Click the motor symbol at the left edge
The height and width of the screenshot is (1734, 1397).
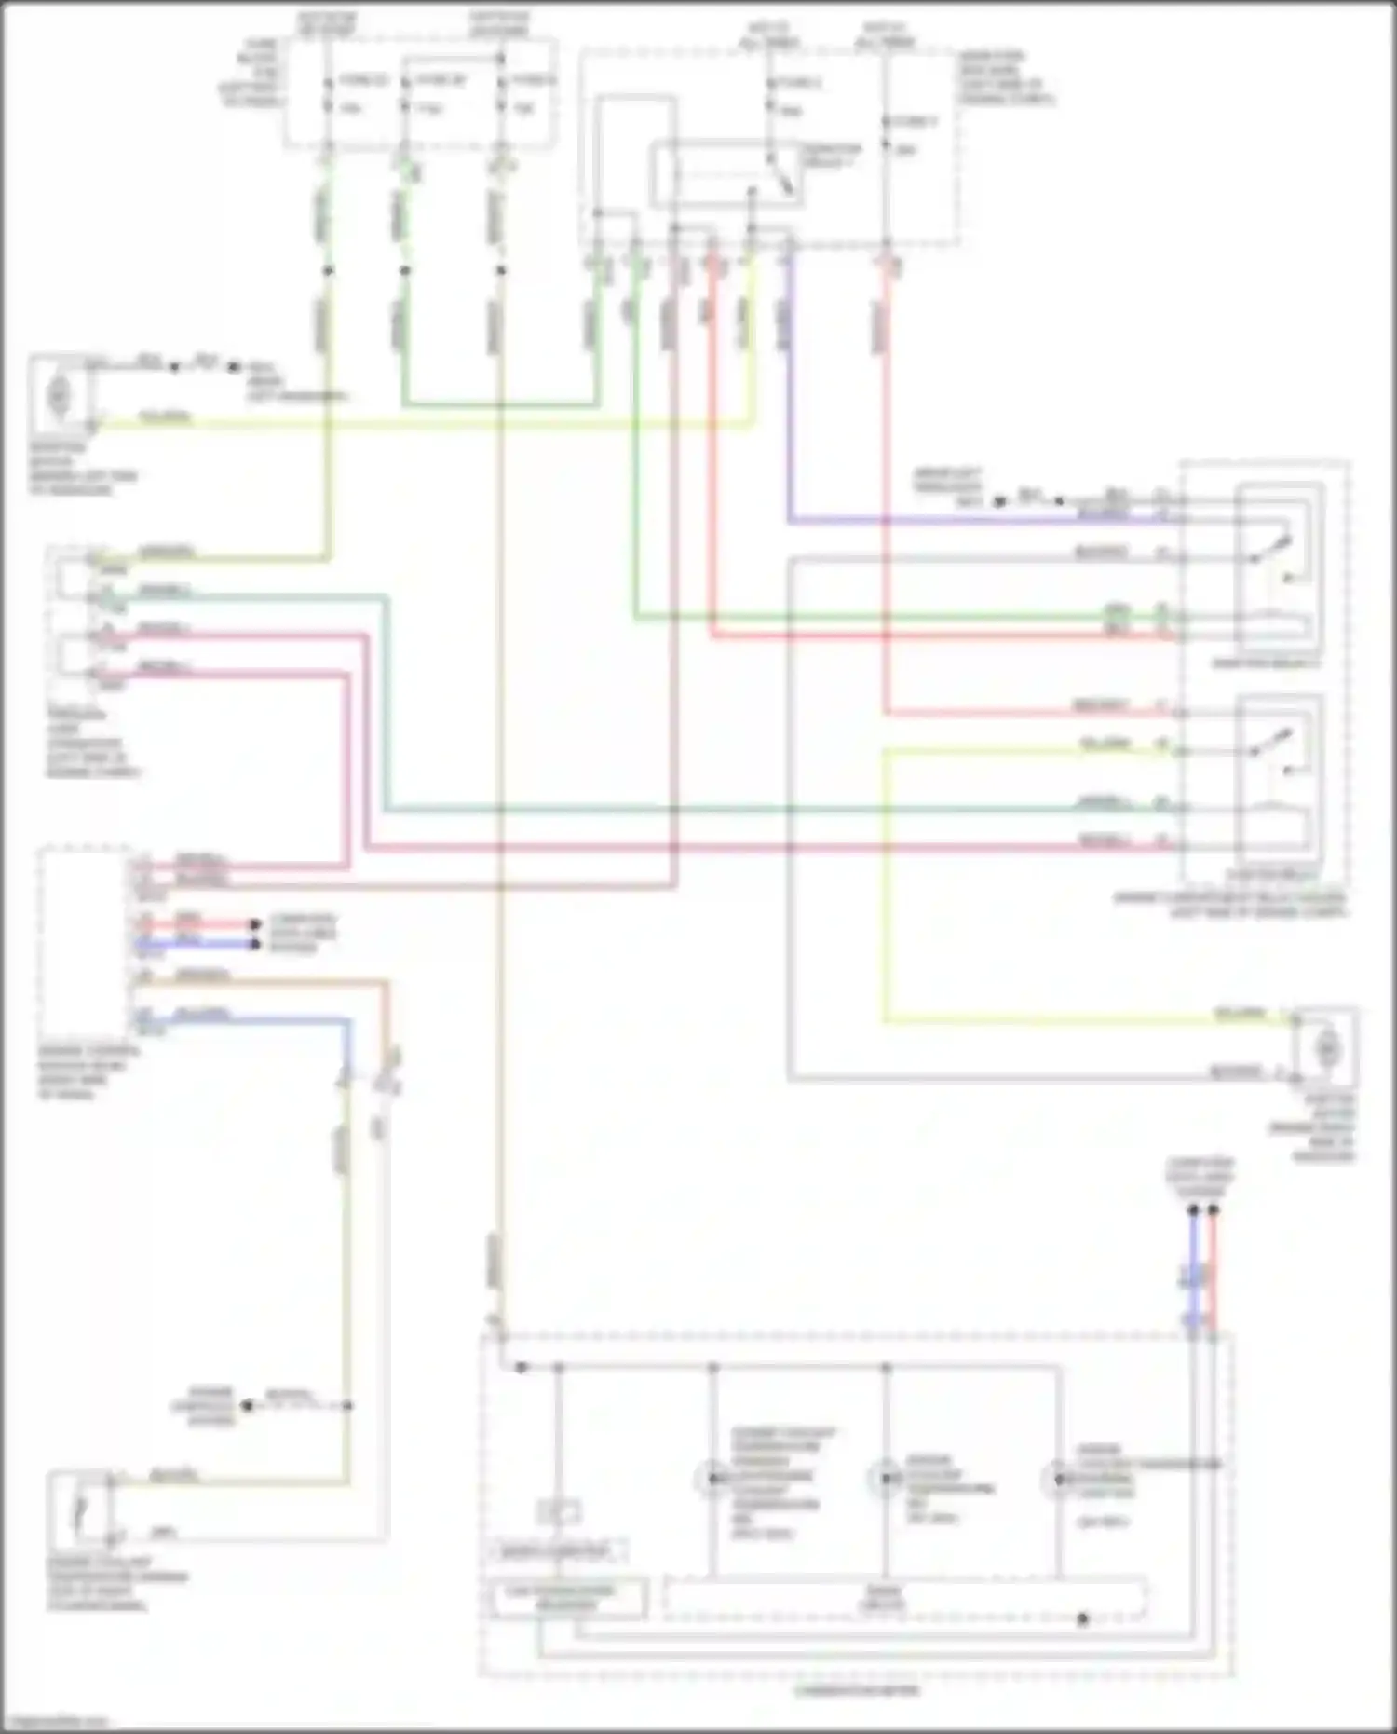(59, 395)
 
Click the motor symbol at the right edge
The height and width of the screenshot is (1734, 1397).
(1327, 1049)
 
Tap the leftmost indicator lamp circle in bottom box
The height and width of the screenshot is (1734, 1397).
(712, 1478)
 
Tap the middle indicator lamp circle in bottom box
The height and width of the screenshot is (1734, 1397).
(885, 1478)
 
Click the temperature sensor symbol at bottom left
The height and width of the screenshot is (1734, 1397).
(81, 1508)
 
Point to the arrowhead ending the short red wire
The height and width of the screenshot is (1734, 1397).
(253, 925)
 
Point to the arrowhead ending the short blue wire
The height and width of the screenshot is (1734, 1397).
(253, 944)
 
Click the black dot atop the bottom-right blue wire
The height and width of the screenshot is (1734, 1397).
(1193, 1210)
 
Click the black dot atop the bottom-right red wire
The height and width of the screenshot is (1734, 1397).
(1213, 1210)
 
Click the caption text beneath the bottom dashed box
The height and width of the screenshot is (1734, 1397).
(856, 1690)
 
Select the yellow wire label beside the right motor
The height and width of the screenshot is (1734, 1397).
(1240, 1013)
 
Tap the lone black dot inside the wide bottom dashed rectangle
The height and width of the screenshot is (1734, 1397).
(1082, 1618)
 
